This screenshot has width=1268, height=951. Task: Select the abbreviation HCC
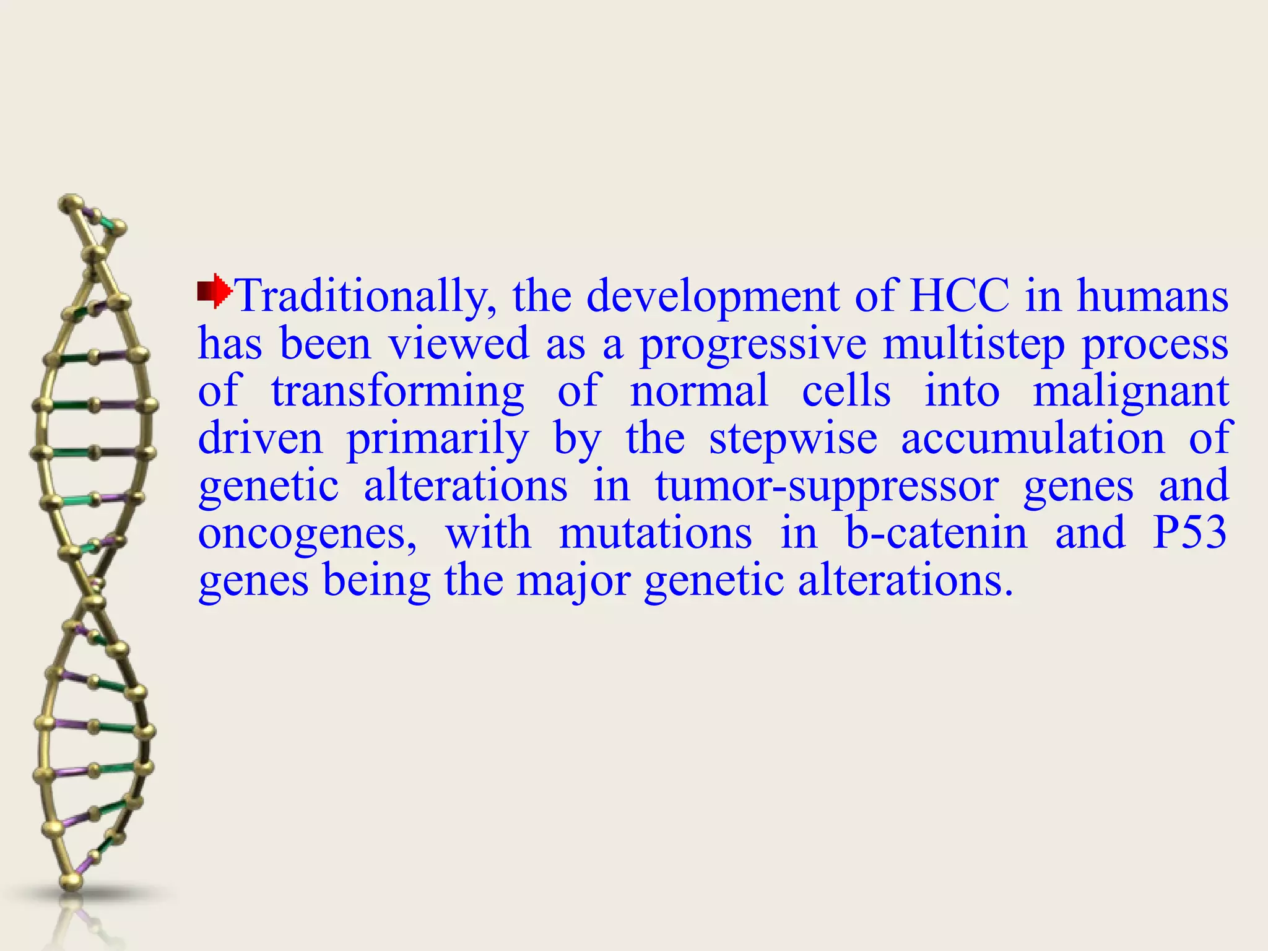[960, 296]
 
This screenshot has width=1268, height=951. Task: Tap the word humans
[1152, 296]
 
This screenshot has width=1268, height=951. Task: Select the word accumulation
[1033, 439]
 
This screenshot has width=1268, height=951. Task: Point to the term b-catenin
[936, 534]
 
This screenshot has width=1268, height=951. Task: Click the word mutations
[655, 534]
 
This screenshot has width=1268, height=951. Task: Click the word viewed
[458, 344]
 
